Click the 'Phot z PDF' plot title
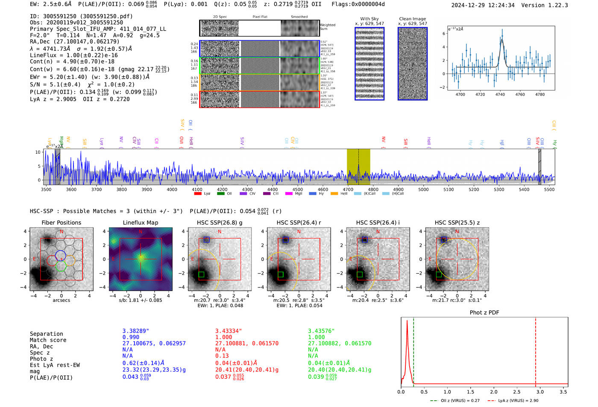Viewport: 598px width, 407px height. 484,313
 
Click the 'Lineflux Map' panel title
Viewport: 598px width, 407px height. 140,223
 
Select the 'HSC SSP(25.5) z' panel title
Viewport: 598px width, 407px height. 457,223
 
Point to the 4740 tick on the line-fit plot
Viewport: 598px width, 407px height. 500,94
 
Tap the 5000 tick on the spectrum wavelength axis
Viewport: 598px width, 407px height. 423,190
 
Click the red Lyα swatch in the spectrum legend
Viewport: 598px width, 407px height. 198,194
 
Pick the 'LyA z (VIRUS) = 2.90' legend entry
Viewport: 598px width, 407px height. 514,401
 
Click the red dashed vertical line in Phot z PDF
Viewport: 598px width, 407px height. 536,350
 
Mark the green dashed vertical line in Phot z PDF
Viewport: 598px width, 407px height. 413,350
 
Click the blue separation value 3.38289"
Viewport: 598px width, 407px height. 135,331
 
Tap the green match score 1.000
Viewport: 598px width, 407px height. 316,337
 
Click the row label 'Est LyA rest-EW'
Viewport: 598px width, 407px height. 55,365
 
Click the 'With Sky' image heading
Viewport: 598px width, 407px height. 369,19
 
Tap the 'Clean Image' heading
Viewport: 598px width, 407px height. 412,19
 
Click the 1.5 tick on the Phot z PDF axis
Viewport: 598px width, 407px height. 470,392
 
